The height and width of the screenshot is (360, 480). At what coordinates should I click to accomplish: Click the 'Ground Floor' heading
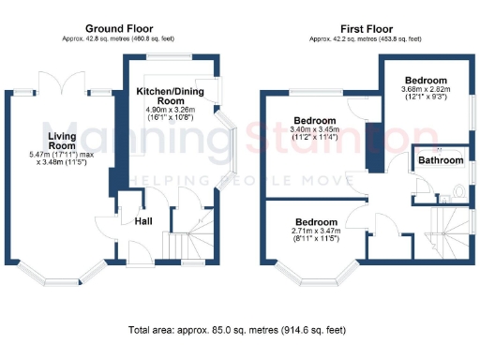[118, 29]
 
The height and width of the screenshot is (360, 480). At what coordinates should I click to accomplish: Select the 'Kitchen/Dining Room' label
[172, 95]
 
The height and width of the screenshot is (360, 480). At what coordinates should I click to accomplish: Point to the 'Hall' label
[143, 221]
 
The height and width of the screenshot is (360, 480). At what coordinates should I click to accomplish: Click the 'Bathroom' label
[441, 160]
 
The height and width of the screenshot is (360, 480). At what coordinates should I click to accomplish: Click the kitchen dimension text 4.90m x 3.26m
[172, 110]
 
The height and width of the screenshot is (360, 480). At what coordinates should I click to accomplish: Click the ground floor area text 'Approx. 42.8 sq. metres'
[118, 39]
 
